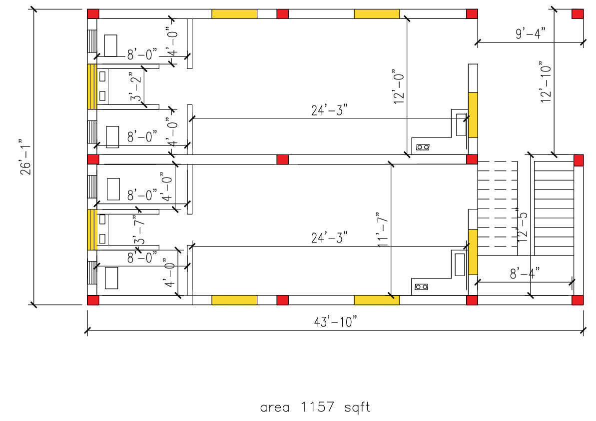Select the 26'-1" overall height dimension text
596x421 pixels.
point(25,156)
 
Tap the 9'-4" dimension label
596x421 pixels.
point(530,34)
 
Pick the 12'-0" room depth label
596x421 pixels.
point(398,86)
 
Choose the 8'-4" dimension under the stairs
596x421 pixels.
point(525,273)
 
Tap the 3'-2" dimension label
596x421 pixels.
point(135,85)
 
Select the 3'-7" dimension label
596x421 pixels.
point(138,229)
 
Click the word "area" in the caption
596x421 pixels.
point(275,407)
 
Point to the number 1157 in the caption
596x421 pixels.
point(317,407)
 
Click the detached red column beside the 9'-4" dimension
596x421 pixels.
point(578,13)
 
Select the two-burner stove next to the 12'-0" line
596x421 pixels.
point(422,147)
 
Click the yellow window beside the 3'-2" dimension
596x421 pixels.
point(92,86)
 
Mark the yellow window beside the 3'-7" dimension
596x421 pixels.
point(92,229)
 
